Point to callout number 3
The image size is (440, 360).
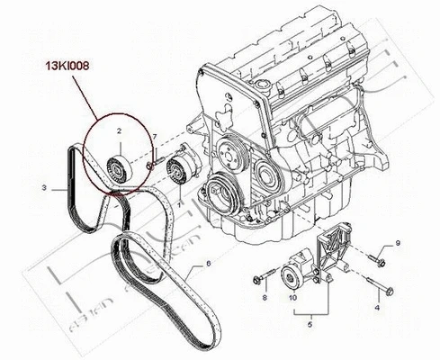42,188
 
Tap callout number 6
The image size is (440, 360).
208,262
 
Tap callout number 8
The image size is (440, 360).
264,296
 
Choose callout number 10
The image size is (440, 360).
292,296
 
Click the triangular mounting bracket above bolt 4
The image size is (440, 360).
337,247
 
